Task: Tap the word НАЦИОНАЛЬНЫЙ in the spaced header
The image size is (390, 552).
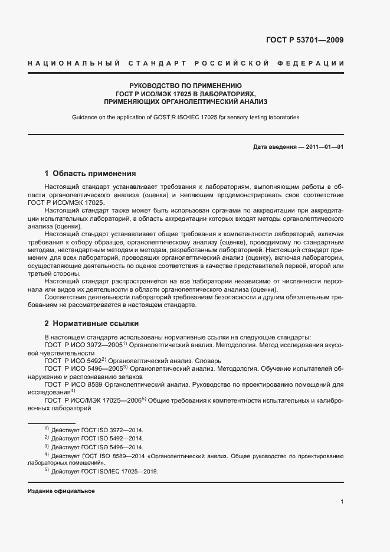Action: pos(75,63)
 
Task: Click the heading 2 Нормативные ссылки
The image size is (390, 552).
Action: pos(91,324)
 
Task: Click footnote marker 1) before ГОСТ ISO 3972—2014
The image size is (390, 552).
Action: pos(46,429)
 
